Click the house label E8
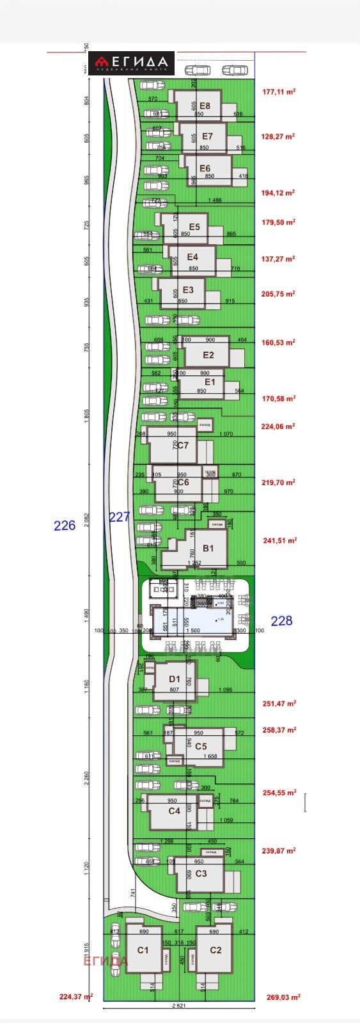(x=205, y=106)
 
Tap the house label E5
(x=194, y=227)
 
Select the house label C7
(x=183, y=445)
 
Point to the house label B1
(x=208, y=548)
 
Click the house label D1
(x=175, y=679)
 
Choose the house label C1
(x=143, y=950)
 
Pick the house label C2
(x=215, y=950)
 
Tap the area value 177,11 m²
(x=279, y=92)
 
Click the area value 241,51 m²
(x=279, y=540)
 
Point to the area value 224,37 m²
(x=75, y=996)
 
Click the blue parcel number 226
(x=65, y=526)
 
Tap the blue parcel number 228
(x=281, y=620)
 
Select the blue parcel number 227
(x=120, y=517)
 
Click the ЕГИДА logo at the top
(x=131, y=63)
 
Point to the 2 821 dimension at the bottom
(x=181, y=1006)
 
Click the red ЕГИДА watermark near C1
(x=106, y=960)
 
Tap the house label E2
(x=208, y=355)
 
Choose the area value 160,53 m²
(x=279, y=343)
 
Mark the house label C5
(x=201, y=746)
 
